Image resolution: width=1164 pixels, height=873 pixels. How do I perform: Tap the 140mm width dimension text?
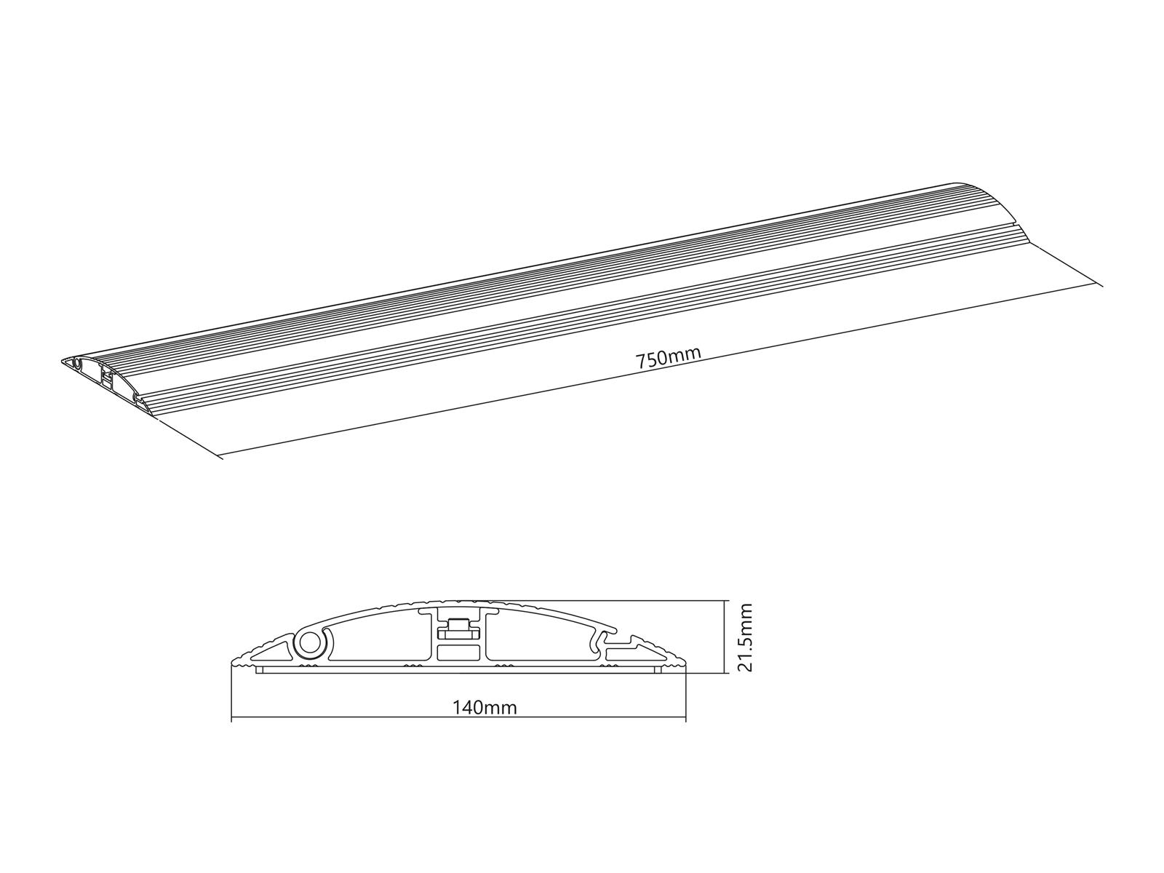[x=485, y=707]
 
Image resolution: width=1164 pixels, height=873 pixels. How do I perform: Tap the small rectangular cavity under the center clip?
[x=460, y=653]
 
